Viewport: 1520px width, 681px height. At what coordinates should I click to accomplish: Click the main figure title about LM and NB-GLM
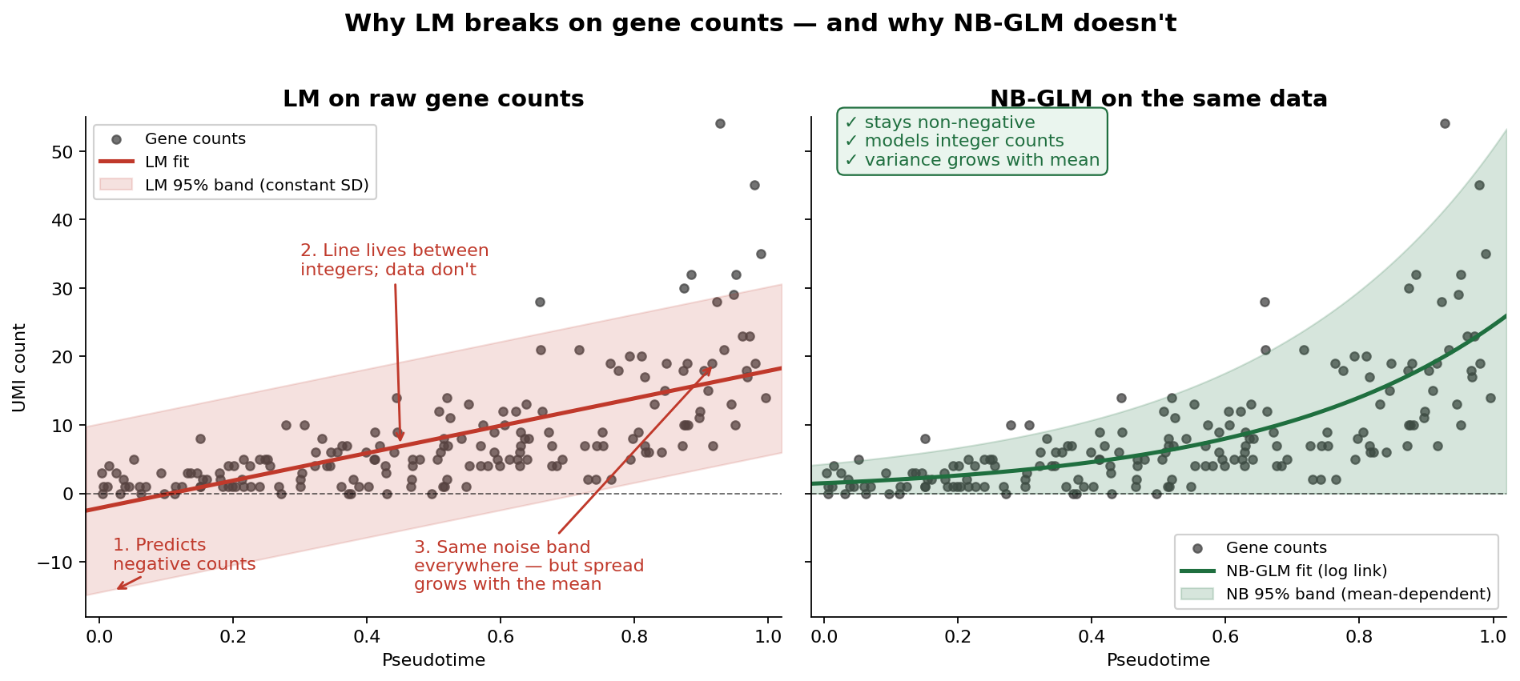pos(760,23)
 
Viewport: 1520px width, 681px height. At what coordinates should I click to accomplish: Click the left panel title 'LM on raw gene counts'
pos(433,99)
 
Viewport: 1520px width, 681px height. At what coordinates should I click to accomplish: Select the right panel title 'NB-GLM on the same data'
pos(1158,99)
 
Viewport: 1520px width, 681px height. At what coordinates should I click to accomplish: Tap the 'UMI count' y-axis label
pos(20,367)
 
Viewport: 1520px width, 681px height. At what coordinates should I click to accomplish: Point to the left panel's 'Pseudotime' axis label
pos(433,660)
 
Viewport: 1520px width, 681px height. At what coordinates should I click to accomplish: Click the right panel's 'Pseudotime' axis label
pos(1158,660)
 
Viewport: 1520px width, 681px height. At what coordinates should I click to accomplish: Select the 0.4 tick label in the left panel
pos(366,638)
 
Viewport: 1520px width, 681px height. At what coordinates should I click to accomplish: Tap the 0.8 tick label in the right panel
pos(1359,638)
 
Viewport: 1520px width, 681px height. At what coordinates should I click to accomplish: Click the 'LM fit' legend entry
pos(167,162)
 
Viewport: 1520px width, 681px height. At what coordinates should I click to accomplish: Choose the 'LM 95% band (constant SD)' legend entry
pos(256,186)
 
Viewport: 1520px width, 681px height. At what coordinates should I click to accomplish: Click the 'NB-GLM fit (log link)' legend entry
pos(1306,571)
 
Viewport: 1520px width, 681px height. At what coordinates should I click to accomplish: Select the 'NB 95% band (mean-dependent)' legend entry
pos(1358,595)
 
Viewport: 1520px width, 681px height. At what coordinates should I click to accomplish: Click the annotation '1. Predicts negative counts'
pos(183,555)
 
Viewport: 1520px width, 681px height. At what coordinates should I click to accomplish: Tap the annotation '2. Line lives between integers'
pos(394,260)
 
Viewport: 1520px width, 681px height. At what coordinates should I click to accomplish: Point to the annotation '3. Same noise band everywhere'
pos(529,566)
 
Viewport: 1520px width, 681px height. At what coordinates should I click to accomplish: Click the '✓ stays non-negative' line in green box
pos(939,122)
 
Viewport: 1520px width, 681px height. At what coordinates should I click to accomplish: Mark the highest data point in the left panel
pos(720,123)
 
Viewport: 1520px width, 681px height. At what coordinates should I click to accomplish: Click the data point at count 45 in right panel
pos(1479,185)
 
